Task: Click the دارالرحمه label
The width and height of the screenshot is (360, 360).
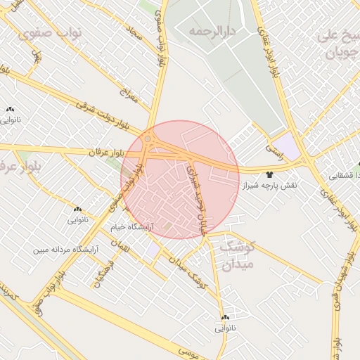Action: [211, 32]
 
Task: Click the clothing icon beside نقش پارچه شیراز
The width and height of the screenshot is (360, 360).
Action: [270, 173]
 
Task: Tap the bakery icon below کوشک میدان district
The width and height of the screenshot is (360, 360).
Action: [226, 318]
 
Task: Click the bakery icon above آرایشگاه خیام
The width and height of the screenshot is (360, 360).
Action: [77, 209]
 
